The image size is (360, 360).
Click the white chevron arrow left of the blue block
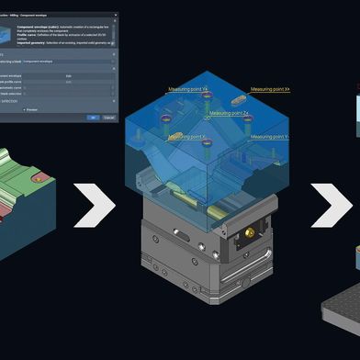tap(94, 205)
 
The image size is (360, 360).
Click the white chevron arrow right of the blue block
tap(327, 205)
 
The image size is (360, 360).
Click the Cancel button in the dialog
tap(109, 117)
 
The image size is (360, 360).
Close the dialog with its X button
tap(117, 14)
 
